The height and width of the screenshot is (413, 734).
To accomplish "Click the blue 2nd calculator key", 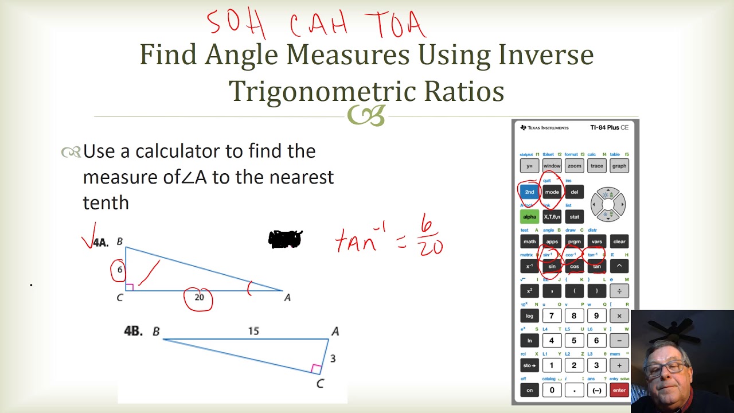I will pyautogui.click(x=529, y=192).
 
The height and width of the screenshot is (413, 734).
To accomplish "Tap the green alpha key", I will pyautogui.click(x=529, y=217).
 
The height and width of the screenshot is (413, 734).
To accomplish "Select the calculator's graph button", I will pyautogui.click(x=619, y=166).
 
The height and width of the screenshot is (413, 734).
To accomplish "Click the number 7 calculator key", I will pyautogui.click(x=552, y=315).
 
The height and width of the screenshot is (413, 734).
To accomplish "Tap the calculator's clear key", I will pyautogui.click(x=619, y=241).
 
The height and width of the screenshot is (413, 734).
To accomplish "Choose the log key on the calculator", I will pyautogui.click(x=529, y=315).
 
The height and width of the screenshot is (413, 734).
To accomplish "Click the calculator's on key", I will pyautogui.click(x=529, y=390).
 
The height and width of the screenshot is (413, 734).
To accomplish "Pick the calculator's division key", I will pyautogui.click(x=619, y=291).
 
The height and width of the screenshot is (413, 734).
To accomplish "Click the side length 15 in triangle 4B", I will pyautogui.click(x=253, y=331).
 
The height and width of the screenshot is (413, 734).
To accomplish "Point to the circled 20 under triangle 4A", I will pyautogui.click(x=199, y=298).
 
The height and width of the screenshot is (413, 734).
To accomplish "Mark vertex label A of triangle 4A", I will pyautogui.click(x=287, y=297).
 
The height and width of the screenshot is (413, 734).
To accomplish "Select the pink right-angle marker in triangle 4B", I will pyautogui.click(x=316, y=368).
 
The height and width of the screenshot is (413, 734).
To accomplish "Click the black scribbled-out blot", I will pyautogui.click(x=285, y=239).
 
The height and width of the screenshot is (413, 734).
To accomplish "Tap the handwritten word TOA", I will pyautogui.click(x=396, y=24).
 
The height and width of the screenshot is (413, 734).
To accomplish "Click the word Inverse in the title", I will pyautogui.click(x=545, y=55).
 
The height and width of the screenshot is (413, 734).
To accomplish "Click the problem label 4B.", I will pyautogui.click(x=133, y=331).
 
